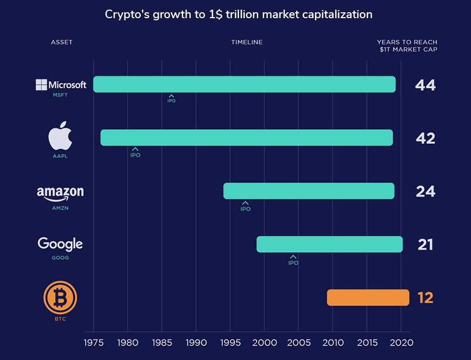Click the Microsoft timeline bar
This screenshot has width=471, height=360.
point(244,84)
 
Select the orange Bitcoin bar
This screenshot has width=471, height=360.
point(368,298)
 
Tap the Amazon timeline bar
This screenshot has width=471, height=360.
point(308,191)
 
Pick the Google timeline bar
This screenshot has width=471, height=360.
point(329,244)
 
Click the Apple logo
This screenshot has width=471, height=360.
point(60,138)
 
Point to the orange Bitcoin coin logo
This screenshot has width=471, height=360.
point(60,297)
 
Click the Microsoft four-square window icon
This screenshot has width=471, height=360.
point(41,85)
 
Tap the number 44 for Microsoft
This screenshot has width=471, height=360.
point(425,85)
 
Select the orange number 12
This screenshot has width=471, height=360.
point(425,298)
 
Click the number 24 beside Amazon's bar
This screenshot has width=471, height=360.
point(426,191)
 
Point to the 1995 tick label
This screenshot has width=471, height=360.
point(230,342)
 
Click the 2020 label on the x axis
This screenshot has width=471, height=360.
point(401,342)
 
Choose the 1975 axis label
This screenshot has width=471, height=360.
point(94,342)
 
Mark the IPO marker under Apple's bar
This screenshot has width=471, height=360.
point(135,153)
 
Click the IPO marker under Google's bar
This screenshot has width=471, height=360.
point(293,260)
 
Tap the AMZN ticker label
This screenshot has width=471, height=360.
point(60,208)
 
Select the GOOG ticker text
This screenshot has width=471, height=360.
point(60,257)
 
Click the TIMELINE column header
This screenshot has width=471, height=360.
point(246,42)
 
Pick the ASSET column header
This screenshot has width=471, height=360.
point(61,42)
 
